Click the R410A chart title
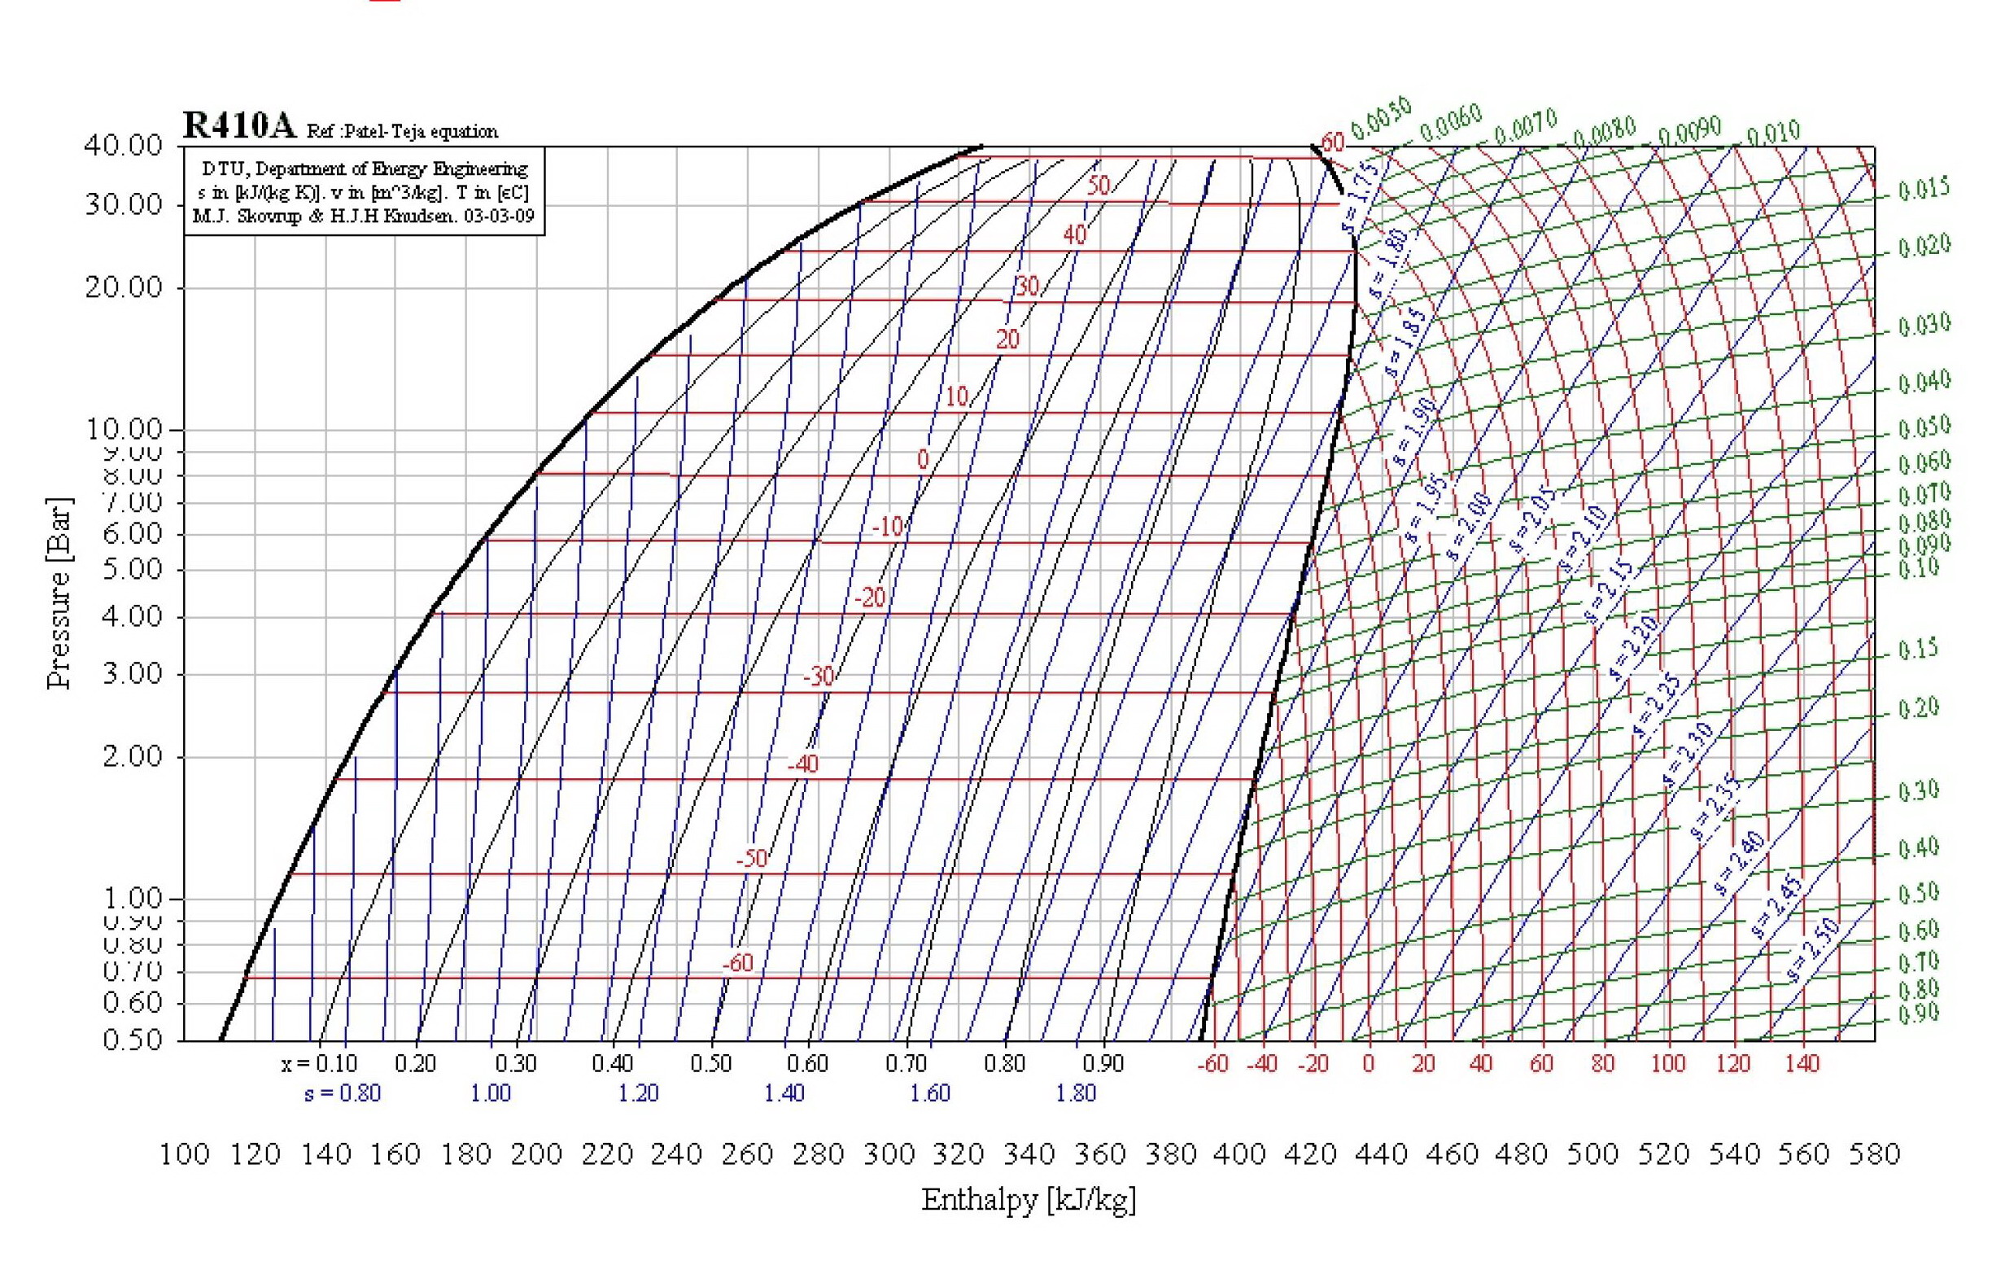click(x=239, y=126)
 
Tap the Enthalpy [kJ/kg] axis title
click(x=1028, y=1201)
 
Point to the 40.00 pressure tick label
click(x=123, y=146)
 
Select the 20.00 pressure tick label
click(x=123, y=287)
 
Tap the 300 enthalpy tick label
click(x=889, y=1154)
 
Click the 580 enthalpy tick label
click(x=1874, y=1154)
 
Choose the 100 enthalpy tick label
click(x=184, y=1154)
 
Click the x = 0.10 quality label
click(x=319, y=1064)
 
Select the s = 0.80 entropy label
click(x=342, y=1093)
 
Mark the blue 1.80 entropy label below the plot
click(x=1076, y=1093)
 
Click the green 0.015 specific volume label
click(x=1924, y=189)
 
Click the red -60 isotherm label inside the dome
click(x=738, y=964)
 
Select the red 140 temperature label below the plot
click(x=1802, y=1064)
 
